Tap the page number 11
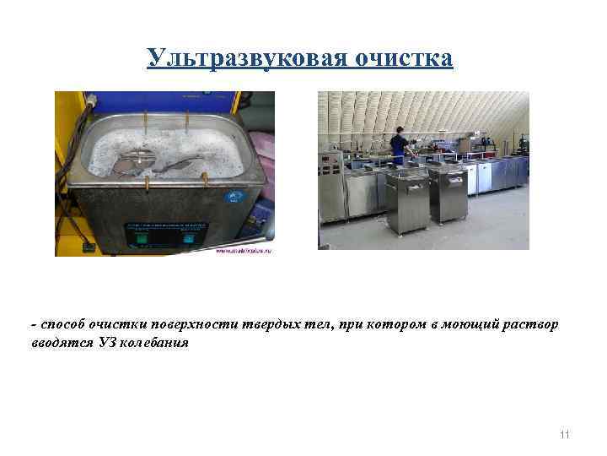click(x=564, y=434)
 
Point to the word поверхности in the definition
click(x=185, y=326)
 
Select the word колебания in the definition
click(x=160, y=343)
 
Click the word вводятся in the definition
click(x=60, y=343)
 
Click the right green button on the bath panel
click(x=185, y=239)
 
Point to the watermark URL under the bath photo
click(x=244, y=252)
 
